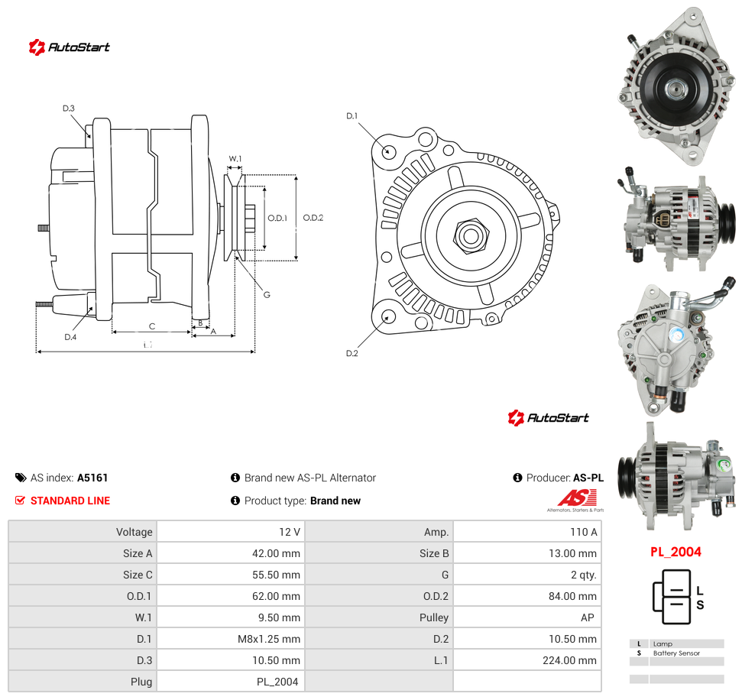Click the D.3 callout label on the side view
coord(69,109)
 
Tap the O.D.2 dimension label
coord(313,218)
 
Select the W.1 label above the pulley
coord(235,158)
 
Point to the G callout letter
coord(267,295)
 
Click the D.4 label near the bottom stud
coord(70,337)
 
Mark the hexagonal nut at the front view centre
coord(471,235)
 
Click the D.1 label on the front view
coord(352,116)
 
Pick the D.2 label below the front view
coord(352,354)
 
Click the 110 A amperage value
coord(584,532)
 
